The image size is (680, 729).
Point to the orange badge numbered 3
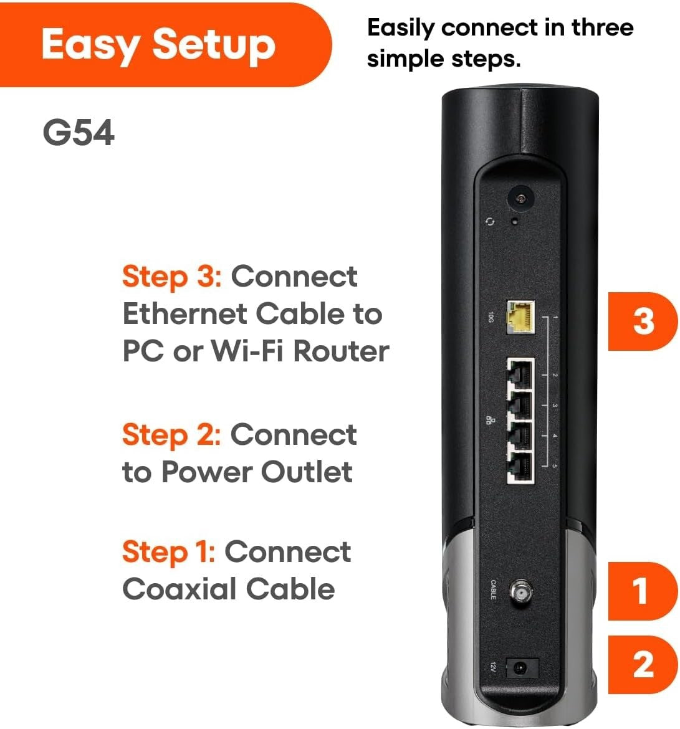(x=643, y=322)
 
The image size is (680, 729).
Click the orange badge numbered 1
(x=641, y=591)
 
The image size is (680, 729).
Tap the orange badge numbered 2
(x=643, y=665)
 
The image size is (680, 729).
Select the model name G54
(x=79, y=133)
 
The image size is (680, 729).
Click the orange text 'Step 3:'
(x=171, y=277)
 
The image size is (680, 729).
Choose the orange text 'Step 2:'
(x=171, y=435)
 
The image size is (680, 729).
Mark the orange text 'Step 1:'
(x=168, y=552)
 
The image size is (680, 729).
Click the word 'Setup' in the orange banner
(x=213, y=45)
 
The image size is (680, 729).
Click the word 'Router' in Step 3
(x=341, y=351)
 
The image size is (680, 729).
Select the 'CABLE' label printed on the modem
(x=492, y=589)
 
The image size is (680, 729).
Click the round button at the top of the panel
(x=519, y=199)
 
